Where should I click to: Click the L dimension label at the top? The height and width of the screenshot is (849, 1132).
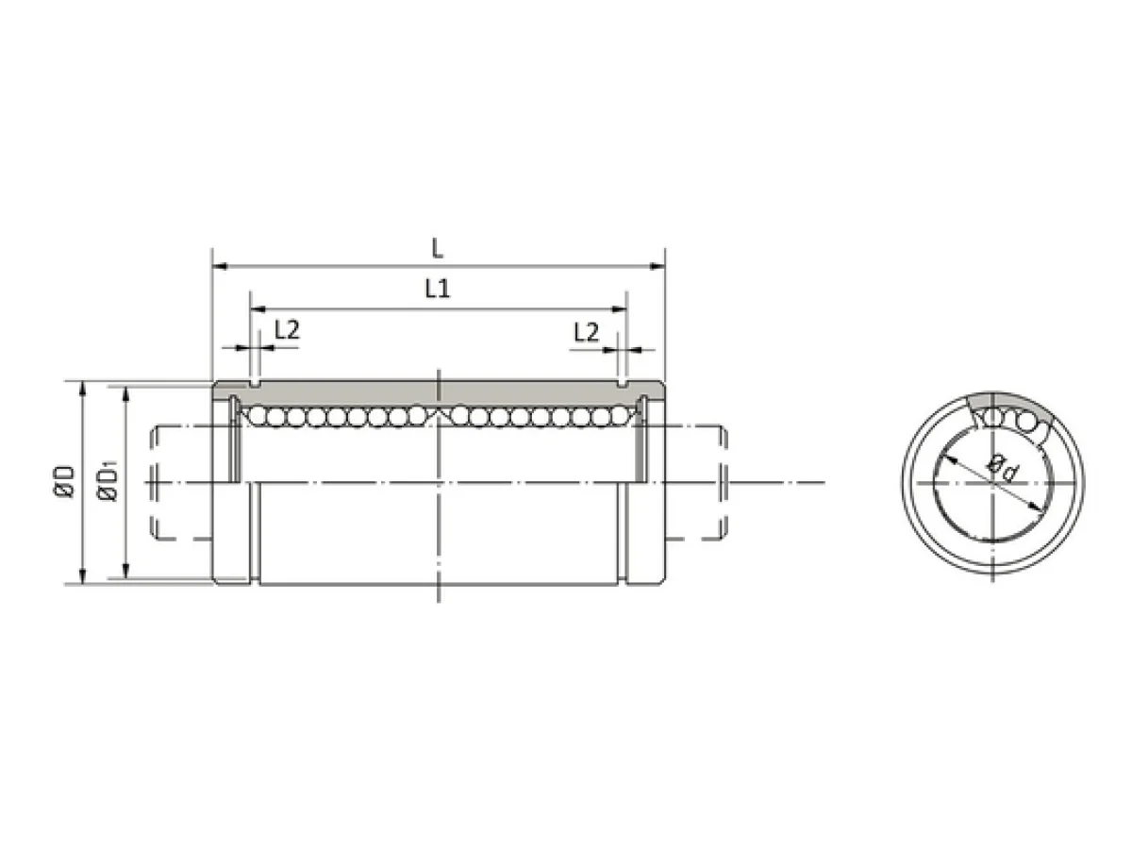(x=437, y=248)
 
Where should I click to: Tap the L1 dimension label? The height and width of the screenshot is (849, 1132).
(x=438, y=290)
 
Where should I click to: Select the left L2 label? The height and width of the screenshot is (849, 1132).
(x=287, y=330)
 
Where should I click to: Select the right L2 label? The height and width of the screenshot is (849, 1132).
(x=587, y=332)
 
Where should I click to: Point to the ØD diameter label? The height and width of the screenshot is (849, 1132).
(x=64, y=481)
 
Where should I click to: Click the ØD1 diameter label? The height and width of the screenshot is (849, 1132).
(x=108, y=480)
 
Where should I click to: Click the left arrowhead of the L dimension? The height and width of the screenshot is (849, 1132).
(x=220, y=267)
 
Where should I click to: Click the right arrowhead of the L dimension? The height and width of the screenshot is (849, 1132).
(x=658, y=267)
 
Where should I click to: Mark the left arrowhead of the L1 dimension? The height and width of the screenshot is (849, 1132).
(x=258, y=309)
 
